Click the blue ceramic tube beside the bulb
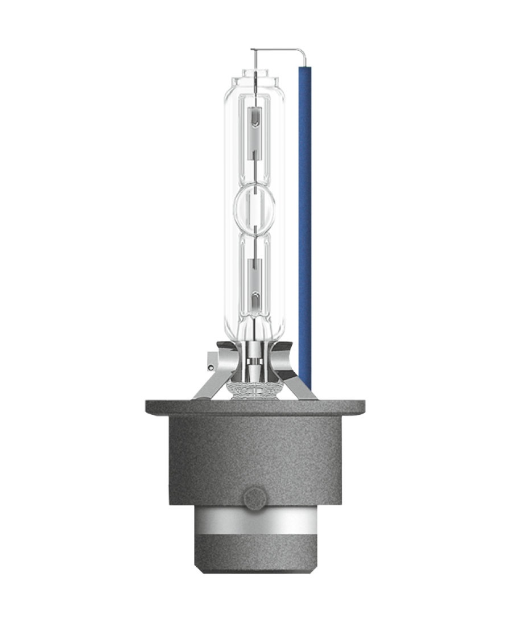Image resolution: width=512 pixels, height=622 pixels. pyautogui.click(x=304, y=228)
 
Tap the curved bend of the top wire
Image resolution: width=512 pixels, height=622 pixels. pyautogui.click(x=303, y=52)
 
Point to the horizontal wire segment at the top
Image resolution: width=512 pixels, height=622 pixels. pyautogui.click(x=279, y=50)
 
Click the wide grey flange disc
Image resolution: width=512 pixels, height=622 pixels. pyautogui.click(x=255, y=406)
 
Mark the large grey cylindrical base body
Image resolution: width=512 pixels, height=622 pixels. pyautogui.click(x=255, y=455)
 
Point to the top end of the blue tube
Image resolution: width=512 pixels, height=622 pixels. pyautogui.click(x=304, y=67)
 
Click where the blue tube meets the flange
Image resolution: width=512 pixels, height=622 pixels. pyautogui.click(x=305, y=393)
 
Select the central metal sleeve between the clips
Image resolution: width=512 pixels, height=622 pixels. pyautogui.click(x=254, y=361)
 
